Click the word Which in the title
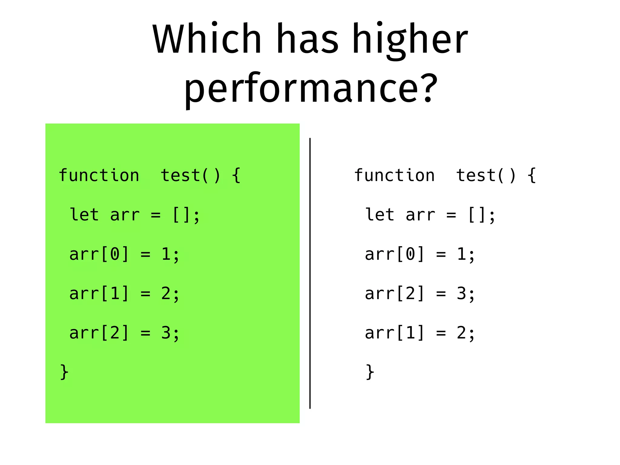click(x=207, y=39)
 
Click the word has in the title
click(x=307, y=39)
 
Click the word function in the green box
click(x=99, y=175)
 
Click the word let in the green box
click(x=84, y=215)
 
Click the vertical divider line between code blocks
click(x=310, y=272)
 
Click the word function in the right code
click(x=394, y=175)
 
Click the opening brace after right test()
click(x=532, y=175)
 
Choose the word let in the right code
click(x=380, y=215)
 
